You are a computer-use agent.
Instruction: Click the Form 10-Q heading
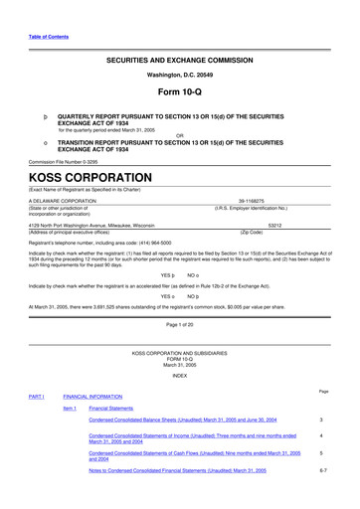[x=180, y=93]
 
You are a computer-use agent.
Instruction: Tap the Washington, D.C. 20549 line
[x=180, y=75]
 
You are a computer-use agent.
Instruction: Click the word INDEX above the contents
[x=180, y=375]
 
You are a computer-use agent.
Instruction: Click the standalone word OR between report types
[x=180, y=136]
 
